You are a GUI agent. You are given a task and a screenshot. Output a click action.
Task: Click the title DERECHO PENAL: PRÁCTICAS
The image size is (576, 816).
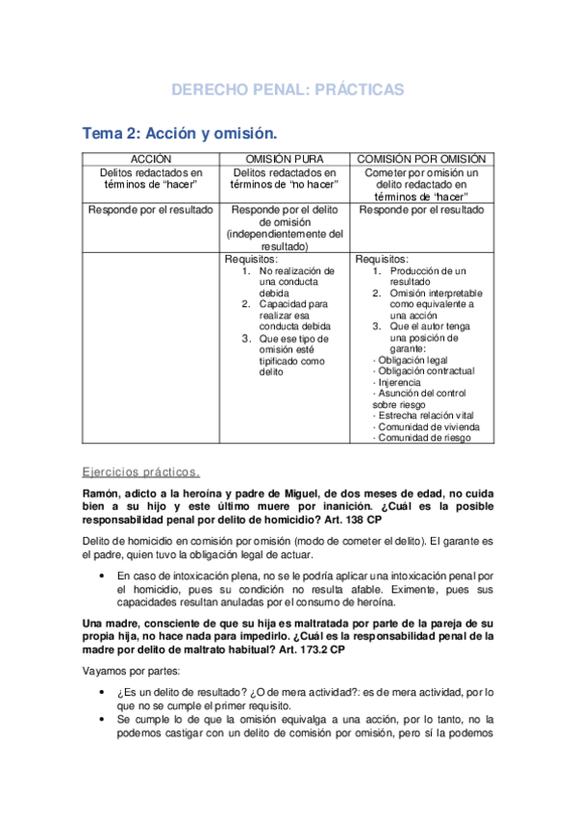288,89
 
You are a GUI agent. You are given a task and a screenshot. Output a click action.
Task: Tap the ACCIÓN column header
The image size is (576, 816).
151,158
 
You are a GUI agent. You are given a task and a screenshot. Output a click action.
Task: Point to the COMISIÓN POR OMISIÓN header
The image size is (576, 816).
421,158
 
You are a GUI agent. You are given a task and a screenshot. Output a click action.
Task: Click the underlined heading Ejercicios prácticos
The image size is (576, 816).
140,472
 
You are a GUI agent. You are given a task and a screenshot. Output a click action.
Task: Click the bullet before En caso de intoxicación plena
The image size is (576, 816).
103,575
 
